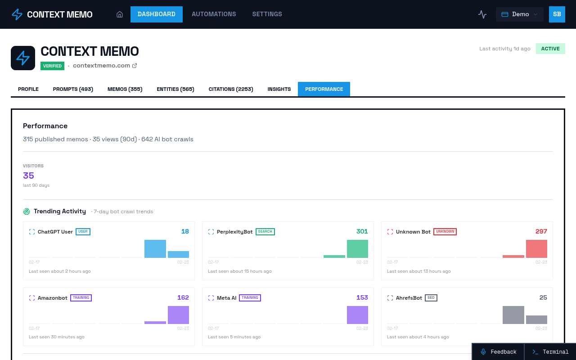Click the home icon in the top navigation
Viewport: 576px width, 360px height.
coord(120,14)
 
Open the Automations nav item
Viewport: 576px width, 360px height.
coord(214,14)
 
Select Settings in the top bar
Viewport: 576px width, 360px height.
coord(267,14)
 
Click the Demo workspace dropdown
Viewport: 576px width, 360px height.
coord(519,14)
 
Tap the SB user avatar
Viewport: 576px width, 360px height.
coord(557,14)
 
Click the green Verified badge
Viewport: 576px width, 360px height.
coord(52,66)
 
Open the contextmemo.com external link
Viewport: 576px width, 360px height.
coord(104,66)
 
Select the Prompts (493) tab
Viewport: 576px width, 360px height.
coord(73,89)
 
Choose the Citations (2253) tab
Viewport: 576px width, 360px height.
coord(231,89)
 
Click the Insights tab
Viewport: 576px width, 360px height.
coord(279,89)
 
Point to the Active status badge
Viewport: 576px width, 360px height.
coord(550,49)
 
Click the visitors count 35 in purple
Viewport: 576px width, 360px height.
coord(28,175)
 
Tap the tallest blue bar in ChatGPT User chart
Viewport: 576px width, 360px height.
coord(155,249)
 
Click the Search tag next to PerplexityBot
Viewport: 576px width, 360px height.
coord(265,232)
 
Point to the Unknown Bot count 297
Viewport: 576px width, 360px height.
coord(541,231)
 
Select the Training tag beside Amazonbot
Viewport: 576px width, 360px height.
coord(81,298)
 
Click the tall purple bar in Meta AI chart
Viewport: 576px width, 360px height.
coord(357,315)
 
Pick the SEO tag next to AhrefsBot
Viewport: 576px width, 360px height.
coord(431,298)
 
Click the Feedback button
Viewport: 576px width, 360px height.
coord(498,352)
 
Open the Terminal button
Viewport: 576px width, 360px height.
coord(550,352)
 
